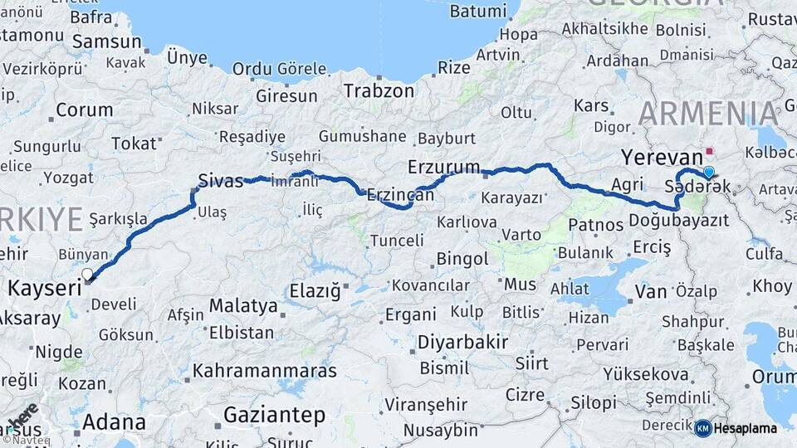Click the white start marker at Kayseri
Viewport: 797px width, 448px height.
click(x=87, y=274)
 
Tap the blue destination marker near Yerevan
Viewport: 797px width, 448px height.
click(x=708, y=172)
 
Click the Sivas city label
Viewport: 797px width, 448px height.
click(x=221, y=180)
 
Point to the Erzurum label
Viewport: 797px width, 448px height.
click(x=443, y=168)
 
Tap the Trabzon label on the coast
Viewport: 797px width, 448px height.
click(x=379, y=90)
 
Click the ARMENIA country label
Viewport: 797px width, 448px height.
click(x=709, y=113)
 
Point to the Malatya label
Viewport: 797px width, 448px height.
click(x=242, y=306)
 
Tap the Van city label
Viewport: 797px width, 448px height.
click(x=650, y=291)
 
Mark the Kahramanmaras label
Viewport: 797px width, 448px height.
click(x=264, y=371)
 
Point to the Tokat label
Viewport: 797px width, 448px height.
click(x=134, y=144)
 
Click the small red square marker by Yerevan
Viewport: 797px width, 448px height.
click(x=708, y=152)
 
